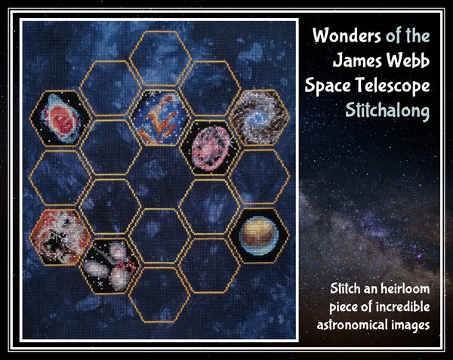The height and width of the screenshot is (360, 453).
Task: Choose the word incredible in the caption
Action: coord(404,307)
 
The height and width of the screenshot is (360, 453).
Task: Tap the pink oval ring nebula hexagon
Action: coord(206,145)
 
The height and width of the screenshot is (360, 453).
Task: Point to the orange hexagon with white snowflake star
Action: coord(60,235)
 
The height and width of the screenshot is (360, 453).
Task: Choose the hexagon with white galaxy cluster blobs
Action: coord(110,263)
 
